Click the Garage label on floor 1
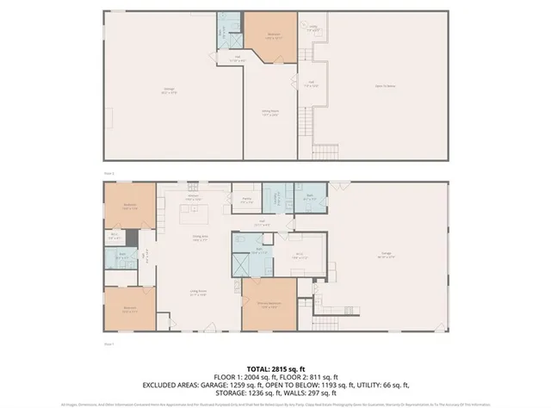[387, 256]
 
